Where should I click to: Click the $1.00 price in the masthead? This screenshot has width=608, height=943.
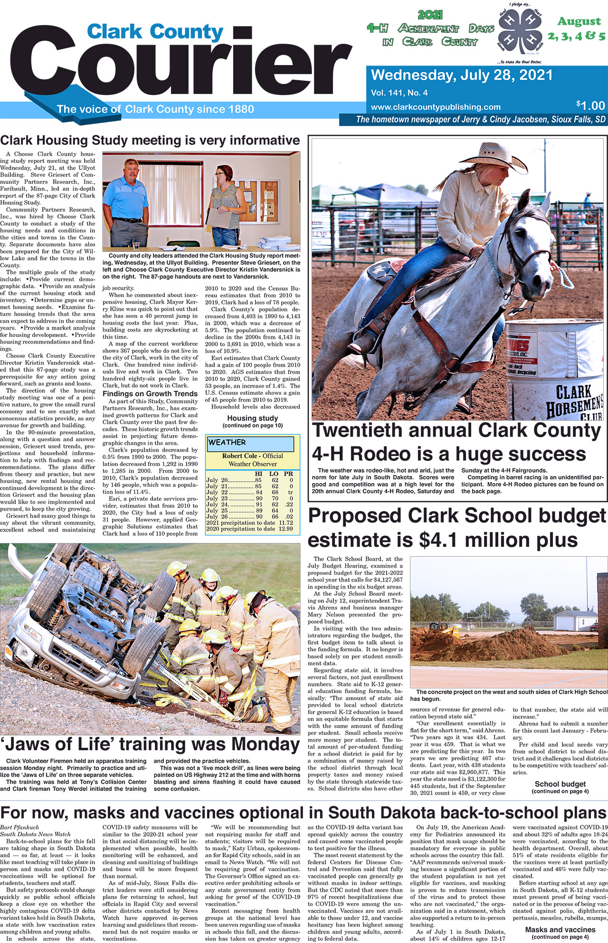click(x=590, y=105)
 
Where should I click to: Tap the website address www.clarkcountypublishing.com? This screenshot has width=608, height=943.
click(x=436, y=107)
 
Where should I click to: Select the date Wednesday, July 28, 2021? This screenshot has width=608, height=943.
click(x=462, y=75)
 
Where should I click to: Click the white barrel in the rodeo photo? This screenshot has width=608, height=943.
click(x=553, y=366)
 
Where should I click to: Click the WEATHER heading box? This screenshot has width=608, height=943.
click(x=250, y=443)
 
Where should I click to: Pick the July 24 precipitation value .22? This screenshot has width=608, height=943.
click(x=288, y=505)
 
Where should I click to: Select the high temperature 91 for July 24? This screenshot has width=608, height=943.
click(x=259, y=505)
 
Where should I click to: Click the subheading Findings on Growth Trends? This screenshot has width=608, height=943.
click(x=150, y=393)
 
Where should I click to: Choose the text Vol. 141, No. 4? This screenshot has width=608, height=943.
click(x=399, y=93)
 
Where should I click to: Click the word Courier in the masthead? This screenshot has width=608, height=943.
click(x=185, y=64)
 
